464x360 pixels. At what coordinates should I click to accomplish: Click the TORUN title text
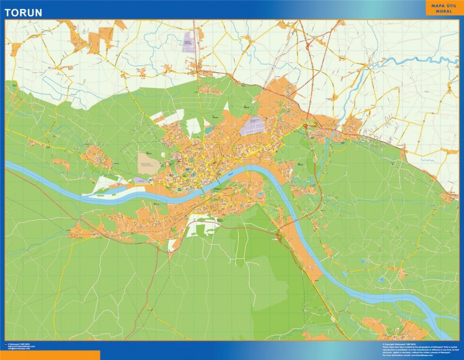(x=23, y=12)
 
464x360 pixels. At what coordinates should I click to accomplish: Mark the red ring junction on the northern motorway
(x=309, y=45)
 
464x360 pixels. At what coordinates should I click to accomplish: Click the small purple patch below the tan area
(x=140, y=180)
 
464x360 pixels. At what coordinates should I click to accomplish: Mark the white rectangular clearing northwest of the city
(x=193, y=127)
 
